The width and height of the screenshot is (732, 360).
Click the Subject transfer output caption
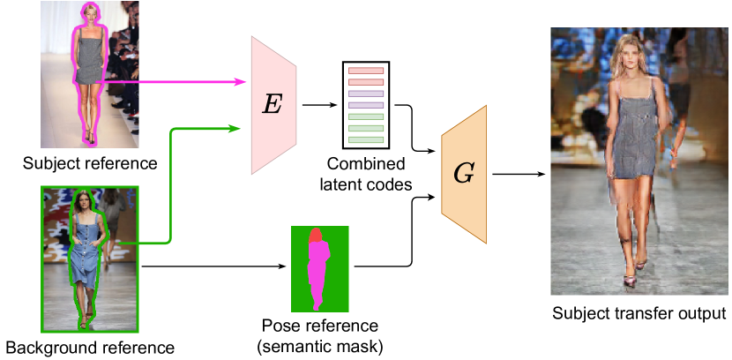639,313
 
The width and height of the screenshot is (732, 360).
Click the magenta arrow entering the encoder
176,82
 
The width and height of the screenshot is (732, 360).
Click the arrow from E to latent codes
319,105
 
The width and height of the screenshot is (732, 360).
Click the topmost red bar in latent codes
365,70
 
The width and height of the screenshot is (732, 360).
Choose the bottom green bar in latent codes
365,139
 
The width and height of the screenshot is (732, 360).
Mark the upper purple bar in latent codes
365,93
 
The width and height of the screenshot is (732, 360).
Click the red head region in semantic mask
316,234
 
